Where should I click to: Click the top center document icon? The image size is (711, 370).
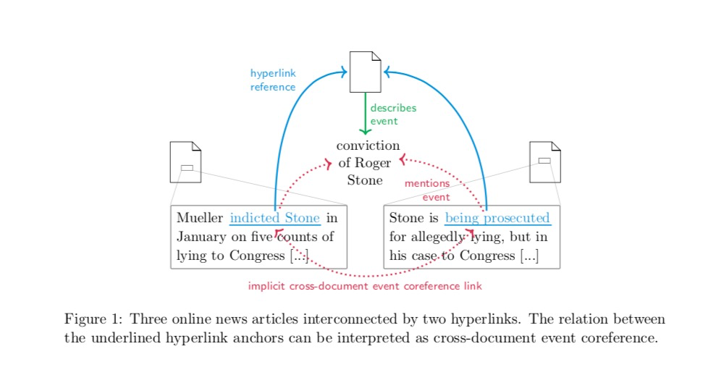pos(365,72)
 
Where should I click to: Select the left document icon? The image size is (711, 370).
pos(185,161)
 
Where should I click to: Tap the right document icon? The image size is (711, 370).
pos(544,161)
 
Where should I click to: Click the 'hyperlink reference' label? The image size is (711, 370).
pos(273,80)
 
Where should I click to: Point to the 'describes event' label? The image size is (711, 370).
pos(393,114)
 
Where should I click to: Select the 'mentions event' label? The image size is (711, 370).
pos(427,190)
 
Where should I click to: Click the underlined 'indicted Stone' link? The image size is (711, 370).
pos(275,218)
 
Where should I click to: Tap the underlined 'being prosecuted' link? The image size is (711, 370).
pos(497,218)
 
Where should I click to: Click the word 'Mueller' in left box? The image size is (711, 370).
pos(200,218)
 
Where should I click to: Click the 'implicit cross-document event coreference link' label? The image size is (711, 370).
pos(365,286)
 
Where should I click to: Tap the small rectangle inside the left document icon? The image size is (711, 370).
pos(187,169)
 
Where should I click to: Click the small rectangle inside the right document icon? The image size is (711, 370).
pos(544,160)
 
